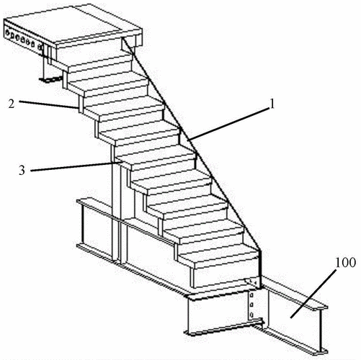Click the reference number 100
345,263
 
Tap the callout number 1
272,104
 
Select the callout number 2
12,104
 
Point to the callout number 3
22,171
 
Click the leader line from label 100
313,294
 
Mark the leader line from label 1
228,124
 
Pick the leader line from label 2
48,105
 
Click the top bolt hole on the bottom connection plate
251,294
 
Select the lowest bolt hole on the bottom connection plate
251,315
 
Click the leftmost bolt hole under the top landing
9,32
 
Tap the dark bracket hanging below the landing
50,79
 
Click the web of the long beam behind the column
149,250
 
